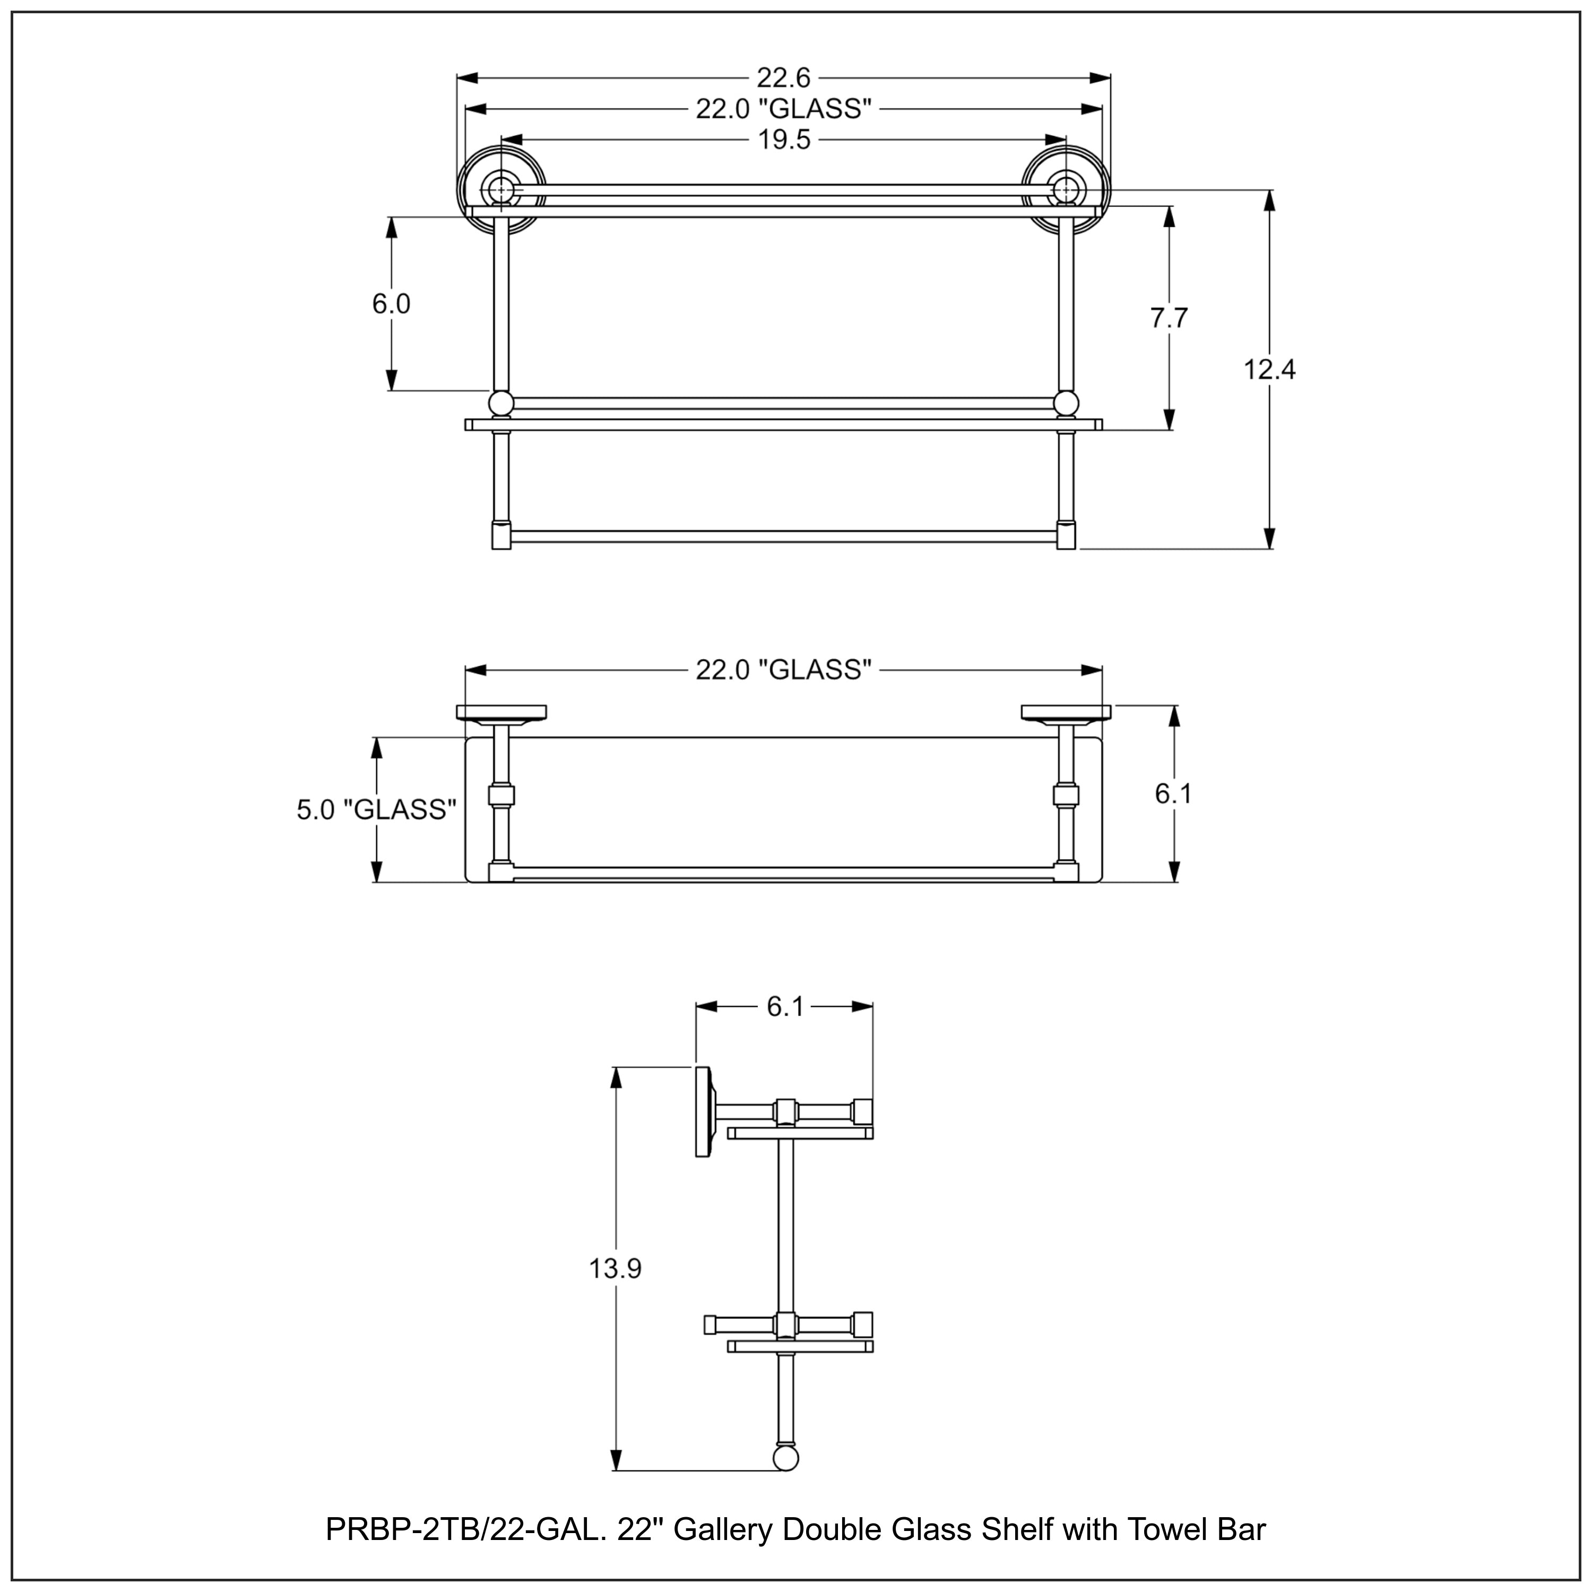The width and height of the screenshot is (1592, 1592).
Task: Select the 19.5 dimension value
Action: click(784, 140)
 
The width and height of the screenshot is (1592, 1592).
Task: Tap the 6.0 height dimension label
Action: click(391, 304)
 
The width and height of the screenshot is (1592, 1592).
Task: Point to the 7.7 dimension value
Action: click(1169, 318)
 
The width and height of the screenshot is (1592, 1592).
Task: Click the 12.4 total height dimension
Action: click(1269, 370)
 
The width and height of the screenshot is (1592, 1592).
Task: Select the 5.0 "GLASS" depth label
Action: click(376, 810)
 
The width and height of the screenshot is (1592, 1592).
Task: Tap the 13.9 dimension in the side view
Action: click(615, 1269)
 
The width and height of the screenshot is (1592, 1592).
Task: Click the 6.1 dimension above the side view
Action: click(784, 1007)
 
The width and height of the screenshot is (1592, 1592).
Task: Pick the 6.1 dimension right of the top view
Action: click(1173, 793)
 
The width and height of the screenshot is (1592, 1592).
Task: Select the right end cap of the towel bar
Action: click(1066, 535)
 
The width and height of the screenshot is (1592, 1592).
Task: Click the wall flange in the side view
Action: click(704, 1112)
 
